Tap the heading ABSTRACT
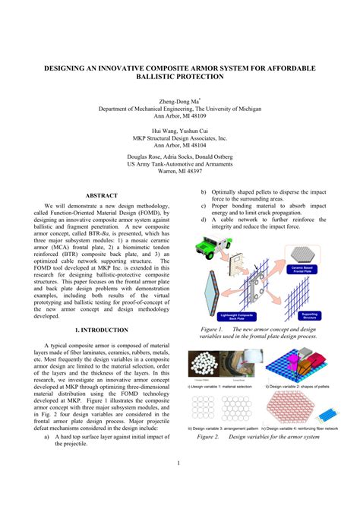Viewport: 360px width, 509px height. click(x=101, y=195)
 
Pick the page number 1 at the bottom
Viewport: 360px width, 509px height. click(x=179, y=463)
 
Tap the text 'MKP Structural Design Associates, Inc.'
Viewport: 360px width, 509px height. click(x=179, y=139)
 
